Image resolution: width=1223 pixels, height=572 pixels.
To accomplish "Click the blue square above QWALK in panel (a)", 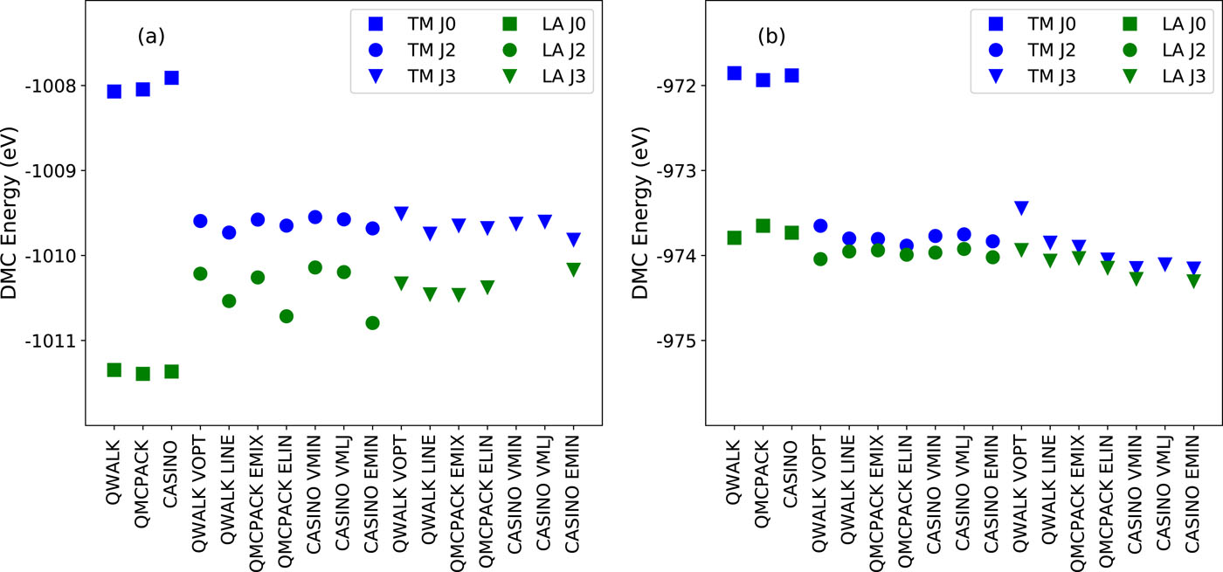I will tap(114, 91).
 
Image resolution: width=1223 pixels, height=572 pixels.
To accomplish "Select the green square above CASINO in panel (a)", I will tap(171, 371).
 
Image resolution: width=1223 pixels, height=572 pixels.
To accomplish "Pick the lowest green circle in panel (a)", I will tap(372, 322).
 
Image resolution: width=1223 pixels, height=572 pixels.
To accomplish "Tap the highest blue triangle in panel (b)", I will tap(1021, 208).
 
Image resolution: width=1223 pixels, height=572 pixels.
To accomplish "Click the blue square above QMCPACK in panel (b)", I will tap(763, 79).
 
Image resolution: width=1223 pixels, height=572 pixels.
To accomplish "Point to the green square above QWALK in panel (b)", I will tap(734, 238).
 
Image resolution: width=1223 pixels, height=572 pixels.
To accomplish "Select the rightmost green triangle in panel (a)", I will tap(573, 270).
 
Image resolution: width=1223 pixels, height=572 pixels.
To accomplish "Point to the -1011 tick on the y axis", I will tap(53, 341).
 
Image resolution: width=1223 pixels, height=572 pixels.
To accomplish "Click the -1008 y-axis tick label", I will tap(53, 86).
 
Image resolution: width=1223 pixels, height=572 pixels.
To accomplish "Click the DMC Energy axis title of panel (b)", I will tap(640, 214).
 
